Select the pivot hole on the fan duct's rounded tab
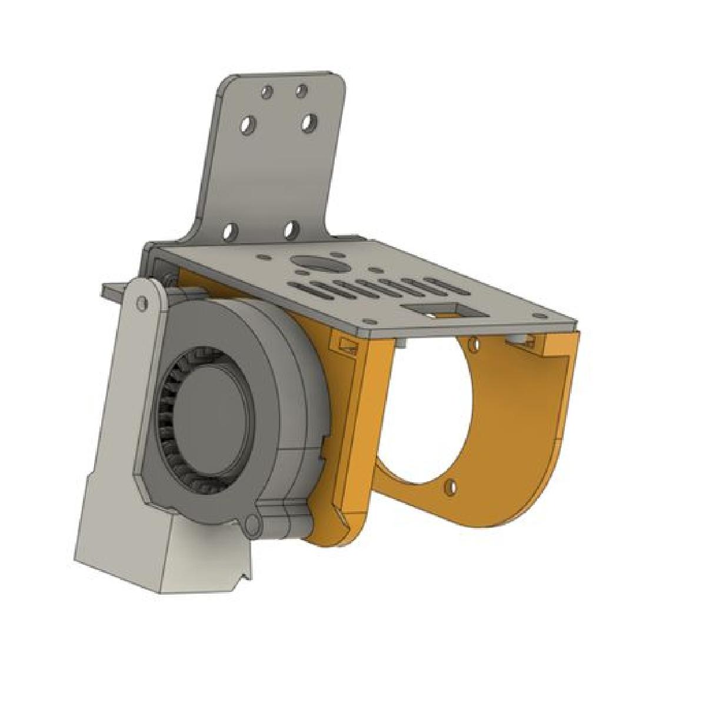point(140,303)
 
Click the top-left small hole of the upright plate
point(268,92)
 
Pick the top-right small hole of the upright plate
point(301,91)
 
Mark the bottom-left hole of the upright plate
point(230,231)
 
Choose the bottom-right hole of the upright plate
point(291,229)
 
